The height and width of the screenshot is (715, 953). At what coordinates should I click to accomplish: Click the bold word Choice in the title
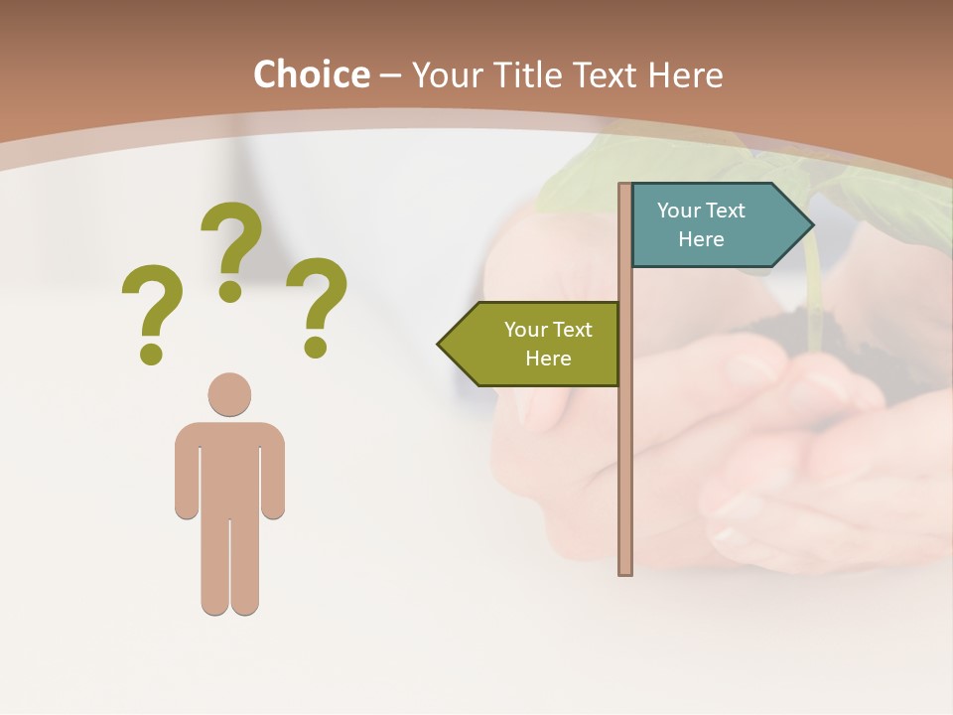coord(311,75)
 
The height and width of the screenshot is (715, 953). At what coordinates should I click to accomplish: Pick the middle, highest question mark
coord(231,248)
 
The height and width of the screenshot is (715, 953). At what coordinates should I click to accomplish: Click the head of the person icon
coord(229,394)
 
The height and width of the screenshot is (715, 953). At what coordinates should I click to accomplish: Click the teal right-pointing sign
coord(710,224)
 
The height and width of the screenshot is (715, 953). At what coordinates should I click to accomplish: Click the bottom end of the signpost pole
coord(625,570)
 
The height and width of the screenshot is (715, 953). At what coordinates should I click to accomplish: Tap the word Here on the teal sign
coord(701,239)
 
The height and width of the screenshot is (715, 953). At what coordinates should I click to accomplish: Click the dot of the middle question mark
coord(230,291)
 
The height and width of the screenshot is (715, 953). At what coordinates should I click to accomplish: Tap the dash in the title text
coord(390,75)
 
